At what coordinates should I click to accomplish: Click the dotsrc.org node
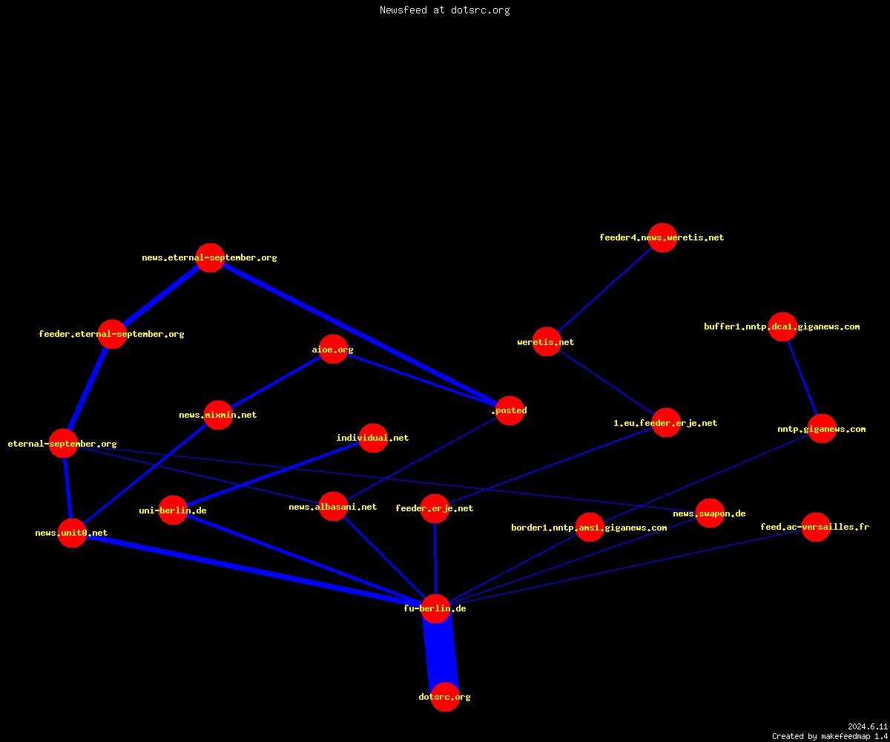tap(445, 697)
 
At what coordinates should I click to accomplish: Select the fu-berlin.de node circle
tap(435, 608)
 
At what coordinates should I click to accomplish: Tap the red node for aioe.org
tap(333, 349)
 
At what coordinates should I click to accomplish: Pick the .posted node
tap(510, 410)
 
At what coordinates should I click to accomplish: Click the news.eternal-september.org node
tap(210, 257)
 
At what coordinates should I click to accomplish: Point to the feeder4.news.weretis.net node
tap(662, 237)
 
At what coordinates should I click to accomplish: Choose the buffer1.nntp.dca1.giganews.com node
tap(782, 326)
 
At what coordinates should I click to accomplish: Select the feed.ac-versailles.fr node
tap(816, 527)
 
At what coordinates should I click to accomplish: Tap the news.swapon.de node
tap(710, 513)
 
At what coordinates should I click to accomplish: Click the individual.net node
tap(373, 438)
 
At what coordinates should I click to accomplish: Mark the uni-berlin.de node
tap(173, 510)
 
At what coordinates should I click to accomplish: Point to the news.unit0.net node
tap(72, 533)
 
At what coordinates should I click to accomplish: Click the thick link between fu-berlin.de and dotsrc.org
tap(441, 652)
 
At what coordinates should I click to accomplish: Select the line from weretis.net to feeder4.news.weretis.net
tap(604, 289)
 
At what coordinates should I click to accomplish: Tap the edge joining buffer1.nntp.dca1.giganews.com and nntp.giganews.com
tap(802, 378)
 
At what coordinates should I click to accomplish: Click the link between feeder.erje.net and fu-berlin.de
tap(435, 559)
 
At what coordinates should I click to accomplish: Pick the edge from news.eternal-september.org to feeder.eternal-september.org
tap(161, 296)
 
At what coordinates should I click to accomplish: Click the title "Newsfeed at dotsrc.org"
tap(444, 10)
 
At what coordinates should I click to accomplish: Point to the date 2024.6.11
tap(868, 726)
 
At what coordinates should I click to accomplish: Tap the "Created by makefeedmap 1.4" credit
tap(830, 737)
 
